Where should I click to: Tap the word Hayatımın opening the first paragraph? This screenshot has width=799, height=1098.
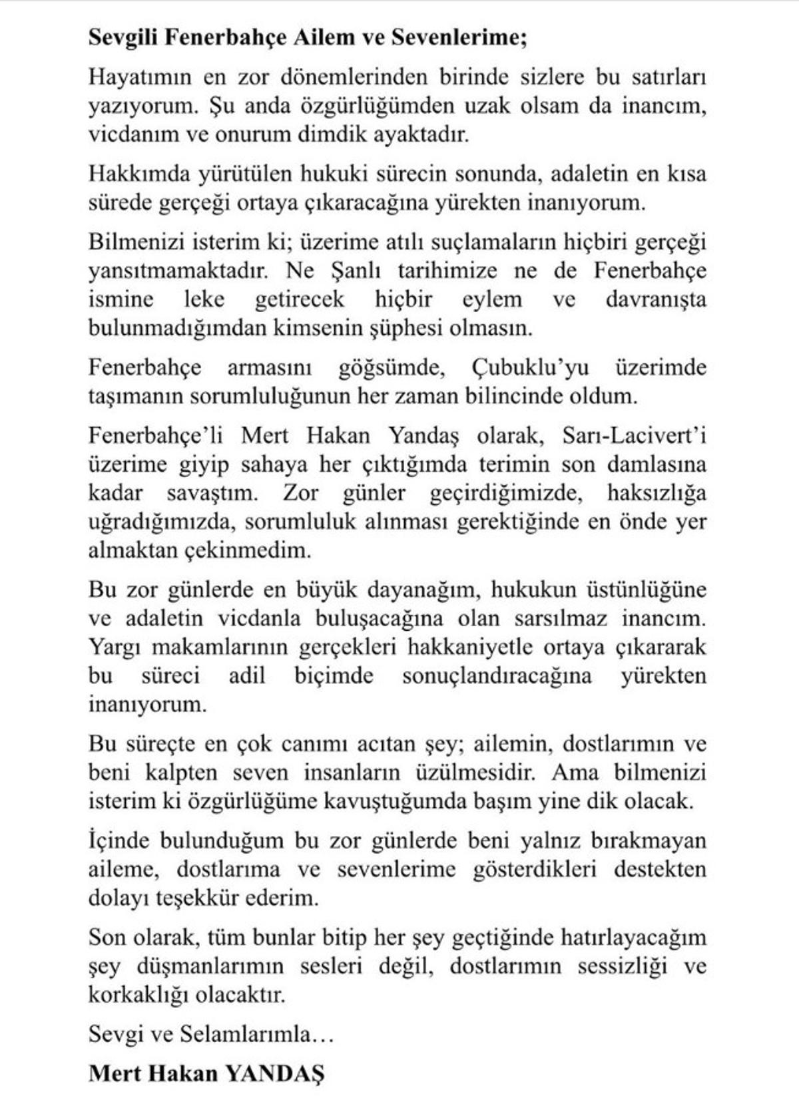click(x=140, y=77)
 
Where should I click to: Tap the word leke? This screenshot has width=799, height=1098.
click(x=204, y=299)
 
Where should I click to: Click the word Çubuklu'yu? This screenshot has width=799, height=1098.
click(x=529, y=368)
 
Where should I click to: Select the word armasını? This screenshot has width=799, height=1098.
click(x=269, y=368)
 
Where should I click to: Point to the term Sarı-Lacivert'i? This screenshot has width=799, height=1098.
click(x=634, y=436)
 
